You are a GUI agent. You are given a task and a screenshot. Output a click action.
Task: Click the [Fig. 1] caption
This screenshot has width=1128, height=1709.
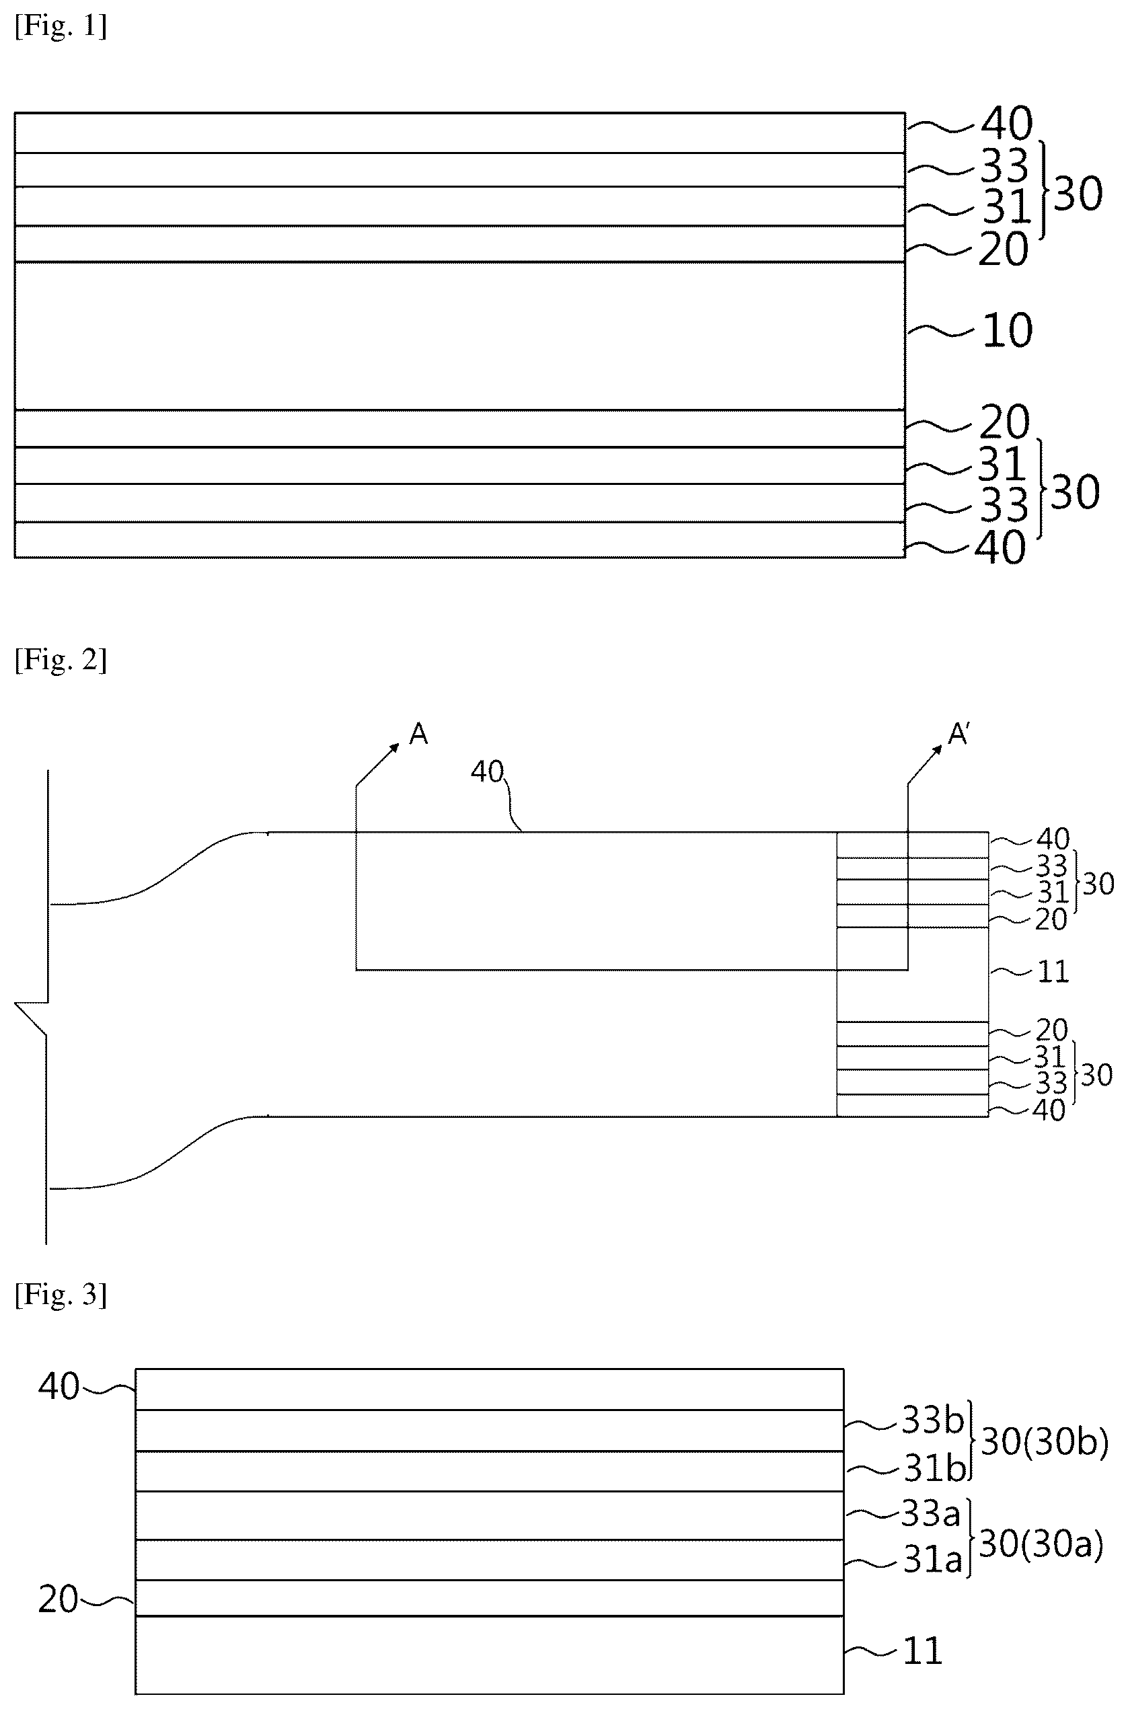pyautogui.click(x=61, y=27)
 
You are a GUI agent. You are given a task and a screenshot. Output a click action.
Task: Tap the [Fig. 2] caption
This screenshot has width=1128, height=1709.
pyautogui.click(x=61, y=660)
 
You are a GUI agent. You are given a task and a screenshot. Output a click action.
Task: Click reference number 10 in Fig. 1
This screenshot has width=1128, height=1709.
pyautogui.click(x=1007, y=331)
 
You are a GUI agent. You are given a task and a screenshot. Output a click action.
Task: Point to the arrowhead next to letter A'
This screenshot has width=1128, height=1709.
pyautogui.click(x=937, y=750)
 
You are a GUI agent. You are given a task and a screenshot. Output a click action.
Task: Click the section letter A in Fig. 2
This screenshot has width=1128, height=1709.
pyautogui.click(x=418, y=734)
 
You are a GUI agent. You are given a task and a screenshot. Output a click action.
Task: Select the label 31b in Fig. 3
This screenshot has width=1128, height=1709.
pyautogui.click(x=934, y=1468)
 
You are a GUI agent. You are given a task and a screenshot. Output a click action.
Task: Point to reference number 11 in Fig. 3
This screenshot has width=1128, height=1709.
pyautogui.click(x=922, y=1650)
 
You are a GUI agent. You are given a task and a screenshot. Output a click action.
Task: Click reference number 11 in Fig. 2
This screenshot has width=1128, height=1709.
pyautogui.click(x=1053, y=972)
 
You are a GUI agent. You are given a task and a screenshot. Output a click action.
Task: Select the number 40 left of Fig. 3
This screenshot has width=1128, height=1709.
pyautogui.click(x=59, y=1386)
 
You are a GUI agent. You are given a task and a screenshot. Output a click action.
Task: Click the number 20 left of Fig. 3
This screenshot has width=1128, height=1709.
pyautogui.click(x=58, y=1599)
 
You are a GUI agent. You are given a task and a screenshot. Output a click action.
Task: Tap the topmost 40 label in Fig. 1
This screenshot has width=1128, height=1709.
pyautogui.click(x=1007, y=123)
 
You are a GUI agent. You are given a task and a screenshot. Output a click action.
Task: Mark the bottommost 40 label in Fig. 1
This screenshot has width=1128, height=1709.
pyautogui.click(x=1000, y=548)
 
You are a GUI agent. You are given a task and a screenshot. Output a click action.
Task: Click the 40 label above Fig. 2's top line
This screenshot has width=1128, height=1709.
pyautogui.click(x=487, y=772)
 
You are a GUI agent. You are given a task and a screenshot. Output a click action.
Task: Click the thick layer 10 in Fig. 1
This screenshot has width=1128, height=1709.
pyautogui.click(x=459, y=336)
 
